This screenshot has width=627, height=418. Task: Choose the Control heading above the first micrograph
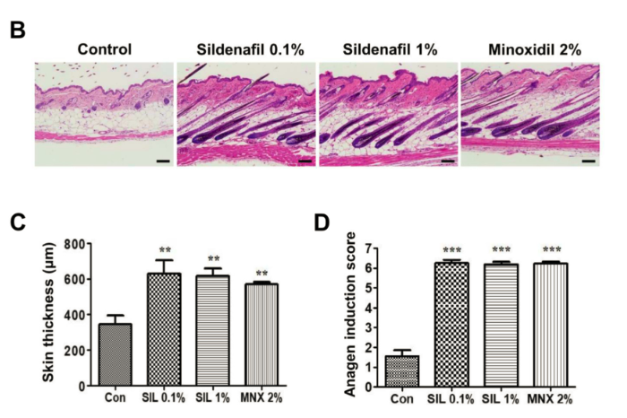click(104, 48)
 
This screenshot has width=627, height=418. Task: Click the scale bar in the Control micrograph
click(162, 161)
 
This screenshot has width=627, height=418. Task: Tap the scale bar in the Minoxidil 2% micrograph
click(588, 161)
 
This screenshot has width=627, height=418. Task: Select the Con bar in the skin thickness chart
click(116, 354)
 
